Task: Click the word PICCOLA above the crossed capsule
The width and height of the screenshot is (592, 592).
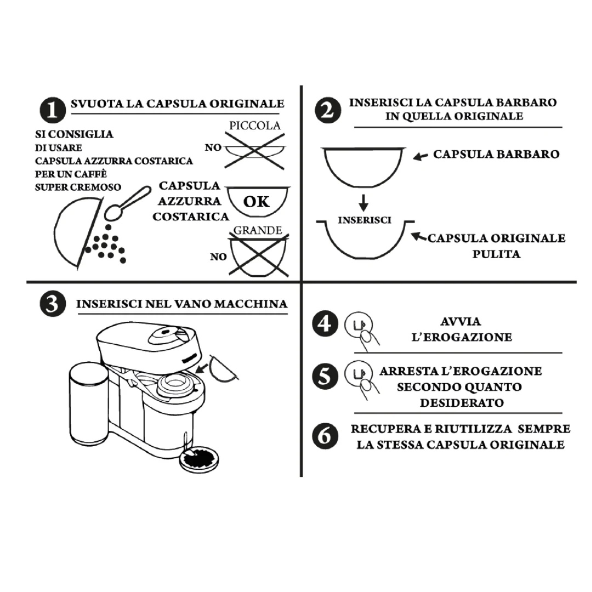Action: point(254,126)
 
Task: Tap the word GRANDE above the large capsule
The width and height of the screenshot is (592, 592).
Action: point(258,230)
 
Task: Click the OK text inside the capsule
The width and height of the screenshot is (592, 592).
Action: point(257,202)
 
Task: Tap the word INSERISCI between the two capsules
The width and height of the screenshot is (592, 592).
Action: point(365,220)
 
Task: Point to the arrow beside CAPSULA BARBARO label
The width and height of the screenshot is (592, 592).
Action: point(420,156)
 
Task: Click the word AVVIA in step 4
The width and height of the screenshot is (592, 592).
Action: point(460,321)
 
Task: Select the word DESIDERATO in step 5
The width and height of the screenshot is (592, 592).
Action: point(462,403)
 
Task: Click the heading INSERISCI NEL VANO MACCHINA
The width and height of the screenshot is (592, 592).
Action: point(181,304)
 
